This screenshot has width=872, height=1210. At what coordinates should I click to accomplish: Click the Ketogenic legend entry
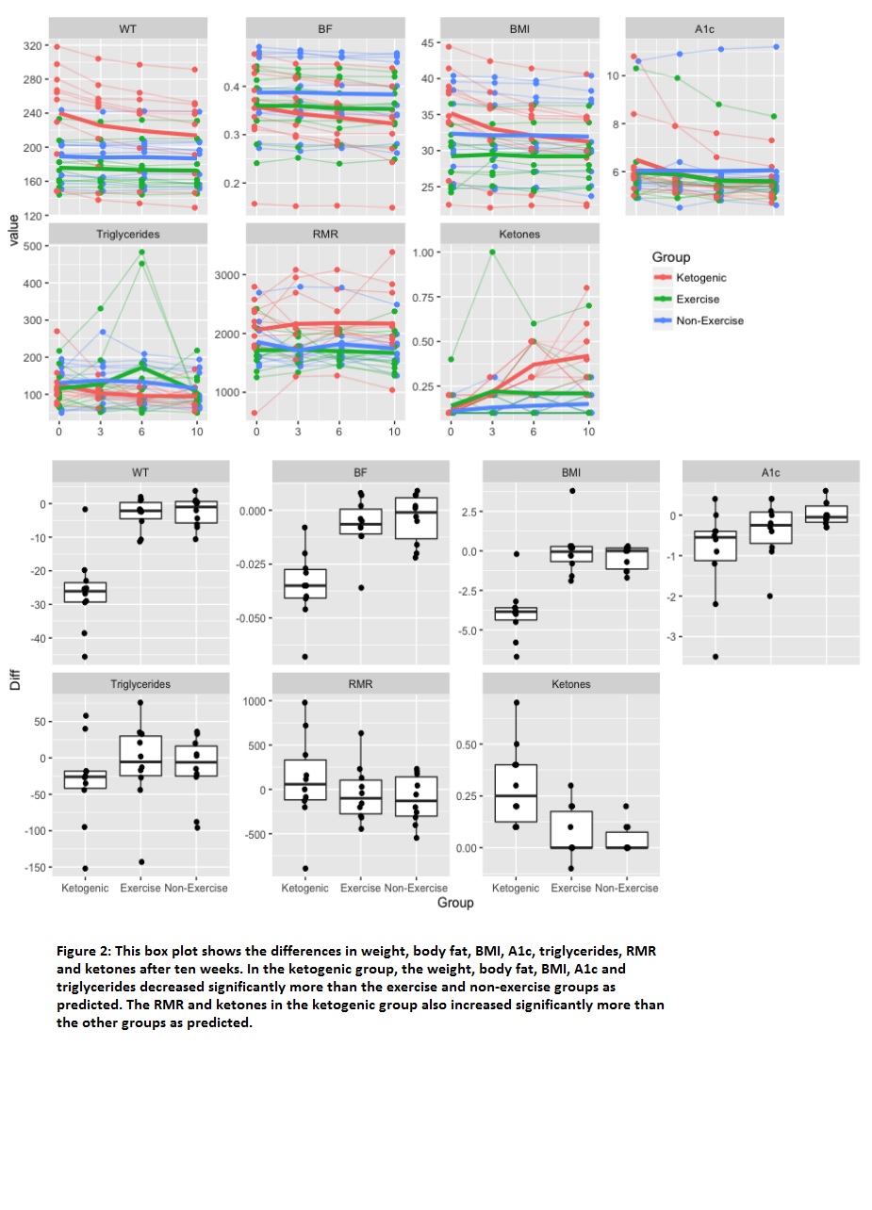tap(689, 278)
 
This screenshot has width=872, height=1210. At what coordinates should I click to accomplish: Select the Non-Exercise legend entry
tap(698, 320)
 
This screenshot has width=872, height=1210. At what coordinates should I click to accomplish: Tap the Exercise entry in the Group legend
tap(686, 300)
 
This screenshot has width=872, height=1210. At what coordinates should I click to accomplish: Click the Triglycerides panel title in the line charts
tap(128, 234)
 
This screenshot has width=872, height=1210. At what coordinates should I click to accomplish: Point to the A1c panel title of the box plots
tap(770, 473)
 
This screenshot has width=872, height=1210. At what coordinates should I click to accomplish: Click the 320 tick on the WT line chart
tap(32, 46)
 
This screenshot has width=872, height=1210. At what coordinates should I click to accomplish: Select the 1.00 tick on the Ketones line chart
tap(422, 253)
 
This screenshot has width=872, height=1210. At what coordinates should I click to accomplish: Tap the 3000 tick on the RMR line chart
tap(227, 275)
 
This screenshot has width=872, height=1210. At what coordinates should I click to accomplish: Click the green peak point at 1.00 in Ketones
tap(492, 252)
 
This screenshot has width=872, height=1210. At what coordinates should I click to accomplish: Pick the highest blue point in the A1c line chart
tap(777, 47)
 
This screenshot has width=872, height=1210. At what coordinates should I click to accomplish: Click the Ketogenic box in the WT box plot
tap(86, 592)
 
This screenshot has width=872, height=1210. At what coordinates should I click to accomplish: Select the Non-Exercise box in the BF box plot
tap(416, 518)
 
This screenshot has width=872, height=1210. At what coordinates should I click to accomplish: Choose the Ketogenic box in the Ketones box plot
tap(516, 793)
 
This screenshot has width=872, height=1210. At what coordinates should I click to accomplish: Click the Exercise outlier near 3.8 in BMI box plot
tap(572, 491)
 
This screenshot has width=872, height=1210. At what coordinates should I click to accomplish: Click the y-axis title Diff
tap(15, 679)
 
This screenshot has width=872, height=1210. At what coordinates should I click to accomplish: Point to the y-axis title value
tap(14, 230)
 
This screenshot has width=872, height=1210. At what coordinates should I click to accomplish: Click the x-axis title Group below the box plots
tap(455, 903)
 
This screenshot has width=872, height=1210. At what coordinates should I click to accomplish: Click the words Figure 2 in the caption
tap(83, 951)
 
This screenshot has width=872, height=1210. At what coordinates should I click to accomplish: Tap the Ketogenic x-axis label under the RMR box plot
tap(304, 888)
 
